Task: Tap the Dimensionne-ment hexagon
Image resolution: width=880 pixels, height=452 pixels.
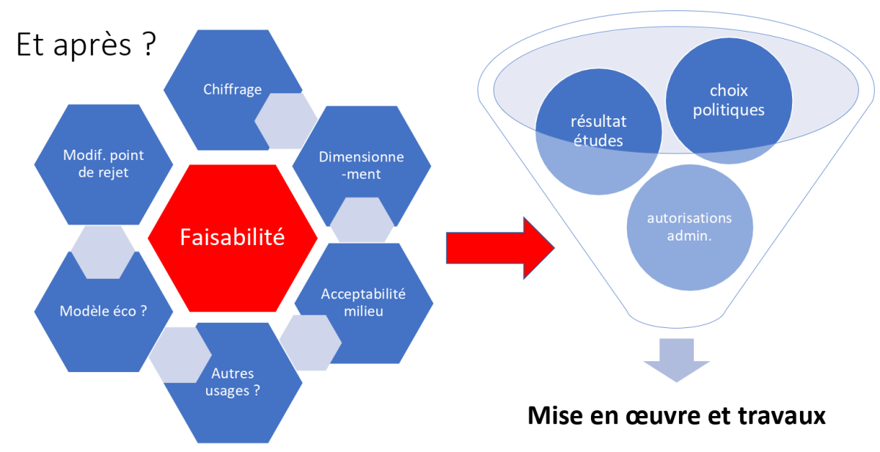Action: tap(351, 165)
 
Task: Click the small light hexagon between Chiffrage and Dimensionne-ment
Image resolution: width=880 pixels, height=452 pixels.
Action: tap(286, 120)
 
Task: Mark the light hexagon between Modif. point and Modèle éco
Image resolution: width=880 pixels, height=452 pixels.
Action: tap(103, 252)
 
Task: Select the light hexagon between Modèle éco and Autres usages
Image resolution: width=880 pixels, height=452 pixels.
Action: tap(180, 355)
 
